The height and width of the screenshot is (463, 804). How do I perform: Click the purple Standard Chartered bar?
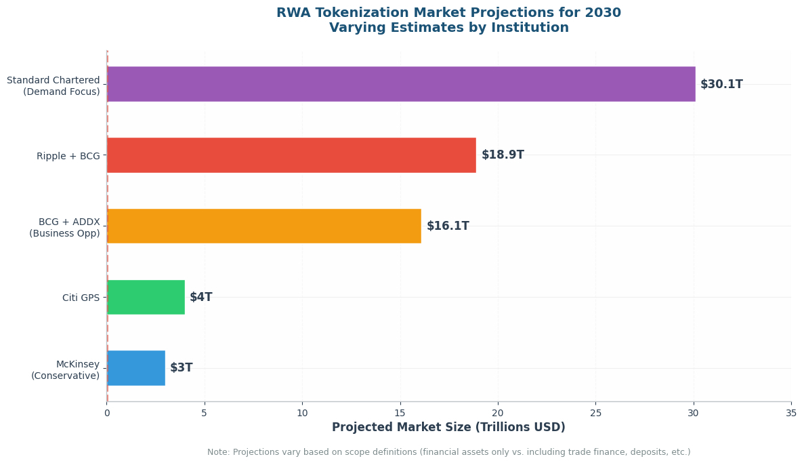coord(401,83)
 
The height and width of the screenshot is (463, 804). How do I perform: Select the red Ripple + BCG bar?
coord(291,155)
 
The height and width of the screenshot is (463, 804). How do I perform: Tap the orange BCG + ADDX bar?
coord(264,226)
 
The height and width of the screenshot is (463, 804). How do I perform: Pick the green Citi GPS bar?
coord(146,297)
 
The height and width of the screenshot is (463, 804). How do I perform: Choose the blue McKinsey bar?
coord(136,368)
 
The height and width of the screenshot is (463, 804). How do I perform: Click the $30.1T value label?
coord(721,84)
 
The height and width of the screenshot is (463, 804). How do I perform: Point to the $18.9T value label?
coord(503,155)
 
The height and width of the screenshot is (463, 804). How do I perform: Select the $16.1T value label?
coord(448,226)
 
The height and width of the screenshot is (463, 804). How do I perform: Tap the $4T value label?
coord(201,297)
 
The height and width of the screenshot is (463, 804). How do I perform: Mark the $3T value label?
coord(182,367)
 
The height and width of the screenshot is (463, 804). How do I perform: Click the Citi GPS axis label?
coord(81,298)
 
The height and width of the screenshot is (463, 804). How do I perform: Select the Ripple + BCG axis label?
coord(68,156)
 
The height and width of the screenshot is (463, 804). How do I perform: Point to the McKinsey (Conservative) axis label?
coord(65,369)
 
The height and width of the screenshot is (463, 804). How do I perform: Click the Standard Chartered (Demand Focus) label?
coord(54,85)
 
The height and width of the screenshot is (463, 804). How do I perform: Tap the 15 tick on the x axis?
coord(400,414)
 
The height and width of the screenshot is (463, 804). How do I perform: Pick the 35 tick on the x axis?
coord(791,414)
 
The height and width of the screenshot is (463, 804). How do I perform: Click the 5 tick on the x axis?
coord(205,414)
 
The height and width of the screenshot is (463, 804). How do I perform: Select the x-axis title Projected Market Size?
coord(448,427)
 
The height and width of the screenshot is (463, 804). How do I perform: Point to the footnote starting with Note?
coord(448,452)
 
